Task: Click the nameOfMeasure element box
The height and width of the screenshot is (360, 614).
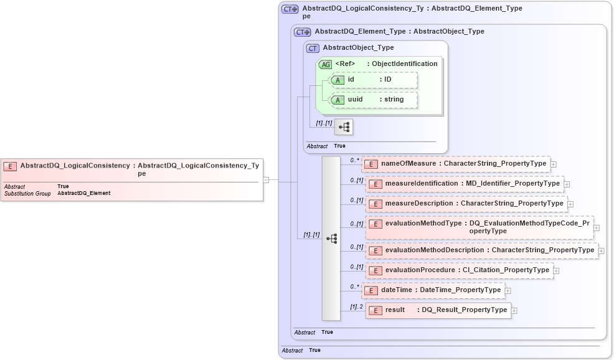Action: pos(455,164)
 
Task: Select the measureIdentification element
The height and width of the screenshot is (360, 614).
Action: pos(465,184)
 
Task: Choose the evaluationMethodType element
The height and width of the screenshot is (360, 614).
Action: pos(479,227)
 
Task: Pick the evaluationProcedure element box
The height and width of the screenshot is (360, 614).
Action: pos(459,270)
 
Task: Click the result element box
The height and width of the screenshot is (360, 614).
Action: pos(438,310)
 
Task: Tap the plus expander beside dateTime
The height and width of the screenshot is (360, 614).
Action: pos(508,290)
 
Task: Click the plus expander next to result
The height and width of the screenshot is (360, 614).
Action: pos(514,310)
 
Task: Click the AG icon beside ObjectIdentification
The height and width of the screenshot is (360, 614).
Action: pos(325,64)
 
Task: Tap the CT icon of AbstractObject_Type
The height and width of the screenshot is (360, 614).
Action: pos(313,48)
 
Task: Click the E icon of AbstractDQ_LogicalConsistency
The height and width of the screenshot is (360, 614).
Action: pos(10,166)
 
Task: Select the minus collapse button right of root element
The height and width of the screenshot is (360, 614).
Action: pos(266,180)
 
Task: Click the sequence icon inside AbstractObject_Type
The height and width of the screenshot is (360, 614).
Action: pos(344,127)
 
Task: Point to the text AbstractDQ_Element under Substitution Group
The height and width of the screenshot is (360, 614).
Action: pos(83,193)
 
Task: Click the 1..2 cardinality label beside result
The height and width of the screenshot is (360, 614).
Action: pos(356,306)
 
